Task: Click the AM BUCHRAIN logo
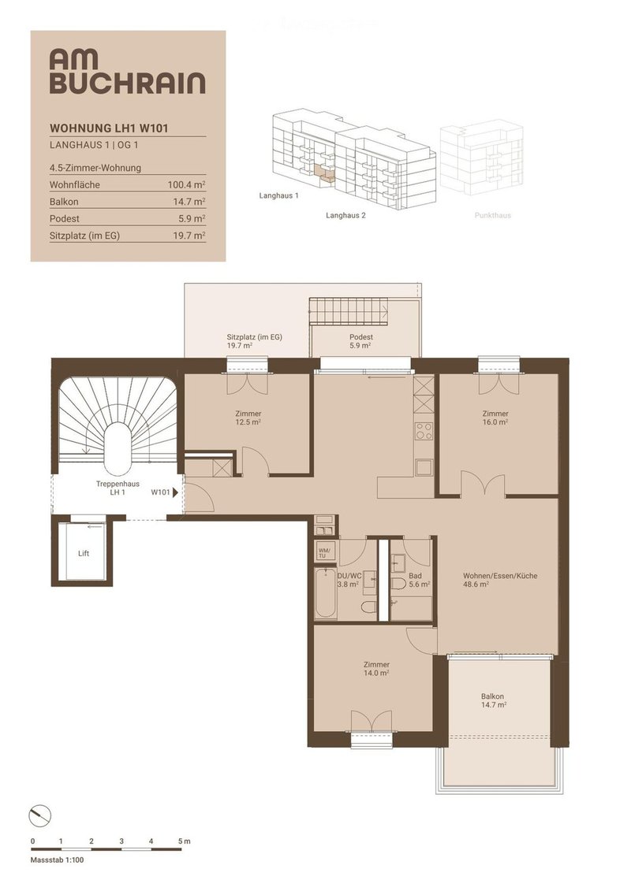point(127,71)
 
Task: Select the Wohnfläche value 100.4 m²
point(187,184)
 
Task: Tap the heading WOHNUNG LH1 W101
point(109,128)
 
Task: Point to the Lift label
point(84,554)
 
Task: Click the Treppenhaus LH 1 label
point(118,488)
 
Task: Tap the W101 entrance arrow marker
point(175,492)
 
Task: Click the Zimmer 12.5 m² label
point(248,418)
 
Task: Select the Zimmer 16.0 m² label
point(495,418)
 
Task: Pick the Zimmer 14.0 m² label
point(377,668)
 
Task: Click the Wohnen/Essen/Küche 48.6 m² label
point(499,580)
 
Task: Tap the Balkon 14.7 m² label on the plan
point(492,700)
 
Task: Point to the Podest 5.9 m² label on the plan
point(360,341)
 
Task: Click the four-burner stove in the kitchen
point(424,431)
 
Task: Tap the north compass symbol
point(39,817)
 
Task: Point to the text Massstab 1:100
point(57,859)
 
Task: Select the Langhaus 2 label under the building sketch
point(345,215)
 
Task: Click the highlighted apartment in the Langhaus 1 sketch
point(323,171)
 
